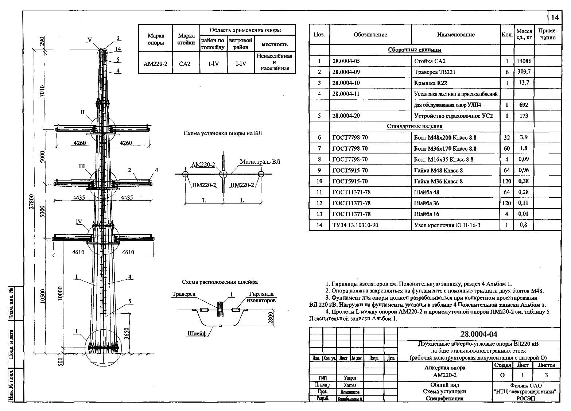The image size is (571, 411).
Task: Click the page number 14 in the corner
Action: [x=555, y=18]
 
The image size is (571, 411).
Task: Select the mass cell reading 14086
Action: [x=524, y=61]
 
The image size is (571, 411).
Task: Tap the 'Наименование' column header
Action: [x=455, y=35]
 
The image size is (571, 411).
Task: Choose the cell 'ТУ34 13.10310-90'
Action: [x=355, y=225]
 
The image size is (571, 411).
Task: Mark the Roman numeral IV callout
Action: [x=78, y=222]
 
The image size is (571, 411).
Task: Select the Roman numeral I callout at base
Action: [x=76, y=331]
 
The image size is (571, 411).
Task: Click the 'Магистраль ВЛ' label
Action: [x=260, y=162]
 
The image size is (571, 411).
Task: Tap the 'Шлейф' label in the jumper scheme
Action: [x=197, y=334]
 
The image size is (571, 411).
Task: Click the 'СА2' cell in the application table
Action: [x=185, y=64]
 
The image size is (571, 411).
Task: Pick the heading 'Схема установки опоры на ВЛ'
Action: [x=222, y=133]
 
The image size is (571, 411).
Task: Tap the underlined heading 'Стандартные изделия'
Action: [x=414, y=127]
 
